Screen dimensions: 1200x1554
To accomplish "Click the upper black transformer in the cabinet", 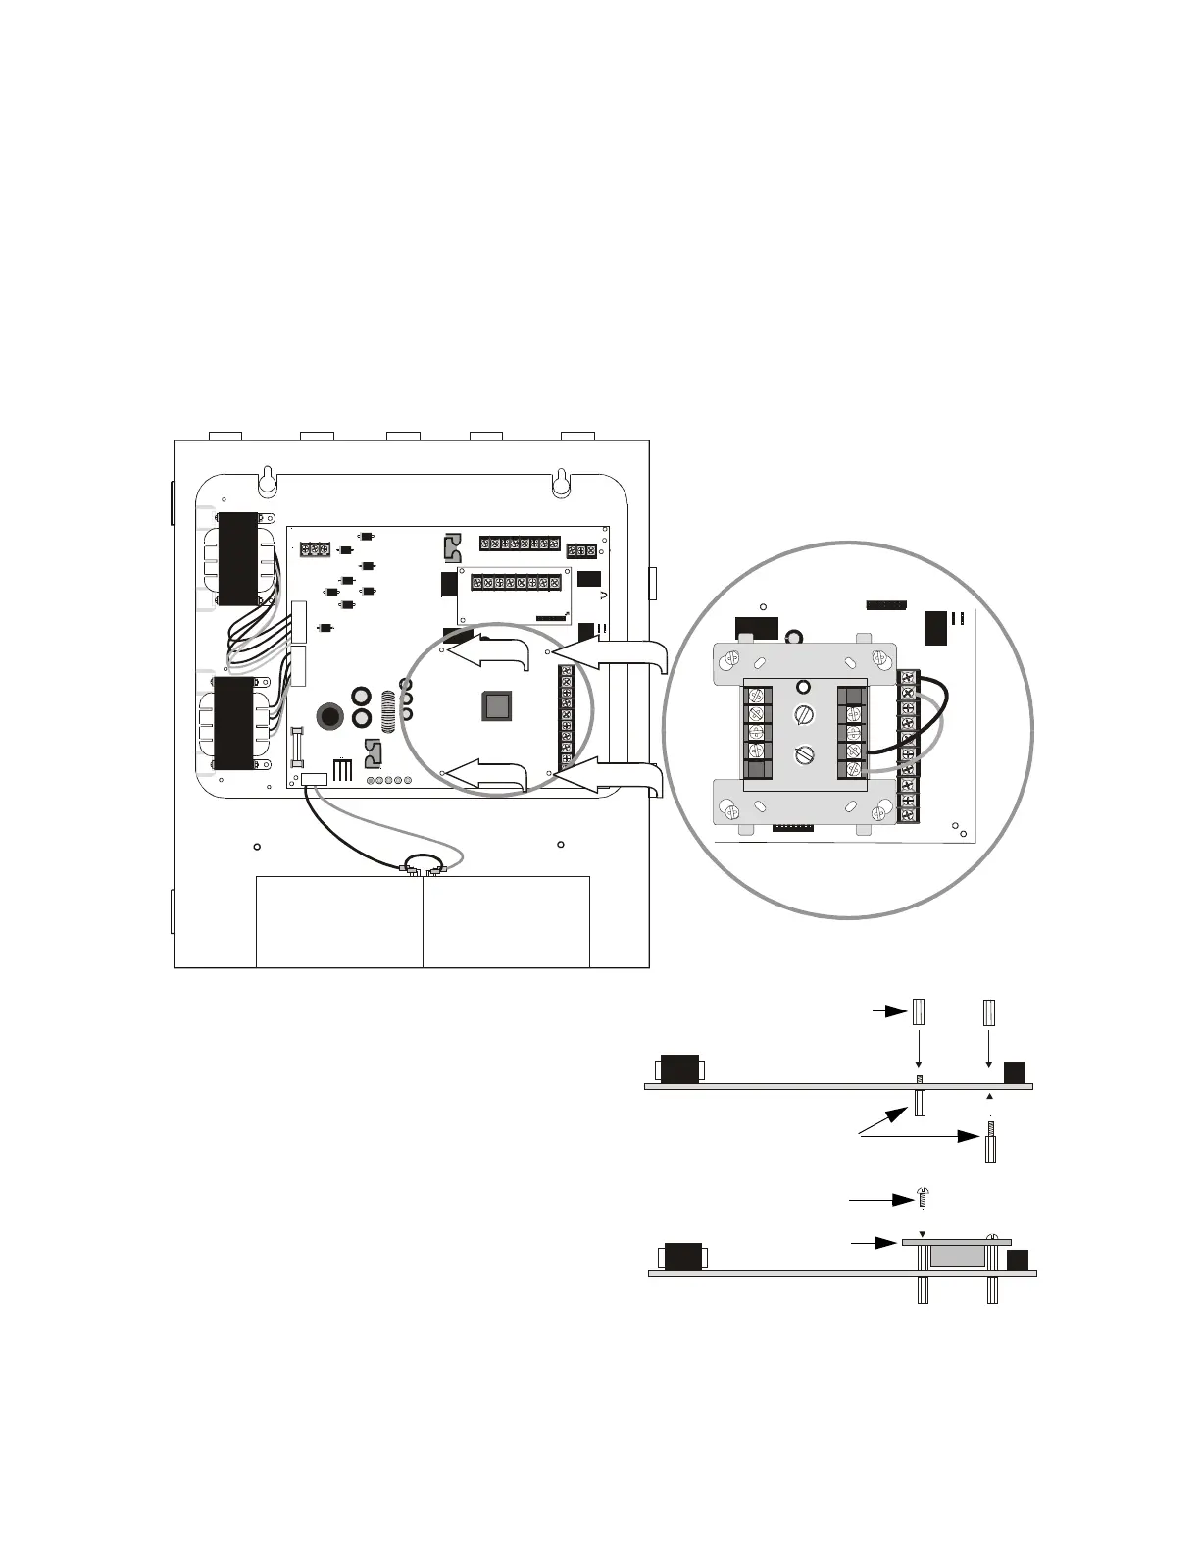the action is click(x=238, y=558).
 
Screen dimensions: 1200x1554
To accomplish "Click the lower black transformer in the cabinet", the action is click(x=233, y=723).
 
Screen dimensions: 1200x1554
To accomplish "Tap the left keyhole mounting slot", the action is click(x=266, y=481).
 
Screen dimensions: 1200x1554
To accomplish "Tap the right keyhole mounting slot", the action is click(x=559, y=481).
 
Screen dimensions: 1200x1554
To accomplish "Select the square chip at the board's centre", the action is click(x=497, y=706).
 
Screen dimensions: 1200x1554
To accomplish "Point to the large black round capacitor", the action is click(x=328, y=716).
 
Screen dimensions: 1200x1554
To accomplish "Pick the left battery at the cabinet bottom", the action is click(x=339, y=922).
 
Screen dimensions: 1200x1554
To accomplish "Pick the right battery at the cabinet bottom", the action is click(x=506, y=922).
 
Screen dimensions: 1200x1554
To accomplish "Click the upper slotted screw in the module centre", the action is click(x=804, y=713).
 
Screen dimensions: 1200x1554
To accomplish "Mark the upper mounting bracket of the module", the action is click(x=804, y=658).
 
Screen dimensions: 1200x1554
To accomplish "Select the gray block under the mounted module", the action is click(x=957, y=1257).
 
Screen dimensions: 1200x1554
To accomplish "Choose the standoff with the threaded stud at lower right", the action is click(x=990, y=1144).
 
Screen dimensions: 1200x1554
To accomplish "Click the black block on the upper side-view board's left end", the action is click(x=679, y=1068).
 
